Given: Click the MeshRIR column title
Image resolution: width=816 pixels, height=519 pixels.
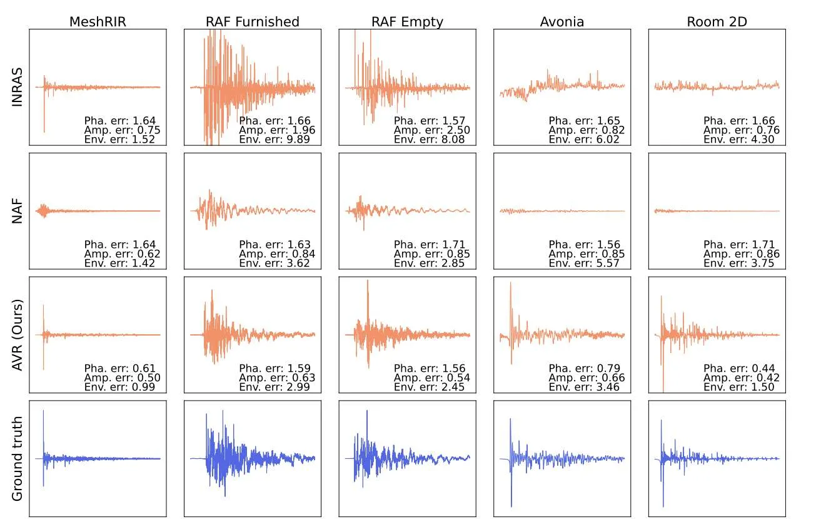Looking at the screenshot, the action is pyautogui.click(x=98, y=22).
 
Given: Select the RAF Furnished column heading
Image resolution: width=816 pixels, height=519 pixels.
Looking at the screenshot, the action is pyautogui.click(x=253, y=22).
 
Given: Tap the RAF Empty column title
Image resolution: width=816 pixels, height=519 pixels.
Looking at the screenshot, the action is pyautogui.click(x=407, y=23).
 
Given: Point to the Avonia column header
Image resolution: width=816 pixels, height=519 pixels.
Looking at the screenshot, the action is pyautogui.click(x=562, y=22).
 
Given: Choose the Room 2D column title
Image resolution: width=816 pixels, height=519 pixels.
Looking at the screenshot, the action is pyautogui.click(x=717, y=22).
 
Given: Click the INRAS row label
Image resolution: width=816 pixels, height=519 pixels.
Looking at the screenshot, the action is pyautogui.click(x=17, y=87).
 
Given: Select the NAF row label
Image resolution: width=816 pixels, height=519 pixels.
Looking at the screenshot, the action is pyautogui.click(x=17, y=211).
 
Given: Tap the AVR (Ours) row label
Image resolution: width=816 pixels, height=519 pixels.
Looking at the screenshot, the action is pyautogui.click(x=17, y=335).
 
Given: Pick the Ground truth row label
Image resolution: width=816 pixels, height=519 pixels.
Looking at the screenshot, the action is pyautogui.click(x=17, y=458).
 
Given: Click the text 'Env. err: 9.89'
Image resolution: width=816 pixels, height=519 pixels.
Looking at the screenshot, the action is pyautogui.click(x=275, y=140).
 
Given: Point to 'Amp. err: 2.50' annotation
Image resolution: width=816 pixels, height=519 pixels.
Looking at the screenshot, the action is pyautogui.click(x=431, y=130).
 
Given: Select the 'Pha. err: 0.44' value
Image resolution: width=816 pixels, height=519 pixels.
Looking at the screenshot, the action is pyautogui.click(x=739, y=368).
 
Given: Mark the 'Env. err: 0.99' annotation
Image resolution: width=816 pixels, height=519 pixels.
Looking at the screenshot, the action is pyautogui.click(x=119, y=387).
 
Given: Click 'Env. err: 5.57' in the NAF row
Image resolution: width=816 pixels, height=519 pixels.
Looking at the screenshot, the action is pyautogui.click(x=584, y=264).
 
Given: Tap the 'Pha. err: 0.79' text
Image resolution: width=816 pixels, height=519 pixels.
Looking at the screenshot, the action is pyautogui.click(x=584, y=368).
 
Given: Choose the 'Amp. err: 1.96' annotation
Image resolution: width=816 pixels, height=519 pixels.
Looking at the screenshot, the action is pyautogui.click(x=277, y=130).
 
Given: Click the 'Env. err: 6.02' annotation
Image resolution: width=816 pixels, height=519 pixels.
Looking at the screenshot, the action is pyautogui.click(x=584, y=140).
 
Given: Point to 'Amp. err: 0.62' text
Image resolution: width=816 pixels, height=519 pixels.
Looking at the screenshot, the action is pyautogui.click(x=122, y=254).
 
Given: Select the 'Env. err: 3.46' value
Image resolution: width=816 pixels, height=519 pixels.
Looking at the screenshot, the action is pyautogui.click(x=584, y=387).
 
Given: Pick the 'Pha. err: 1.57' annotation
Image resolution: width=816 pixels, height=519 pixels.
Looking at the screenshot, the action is pyautogui.click(x=430, y=121).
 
